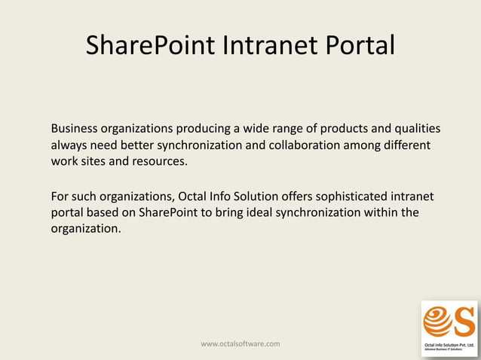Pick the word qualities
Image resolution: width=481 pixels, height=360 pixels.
coord(417,128)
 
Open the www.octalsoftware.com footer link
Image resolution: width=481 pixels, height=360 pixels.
coord(240,344)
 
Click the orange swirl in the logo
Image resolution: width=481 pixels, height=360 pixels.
coord(437,322)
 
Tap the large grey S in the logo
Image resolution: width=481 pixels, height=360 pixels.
coord(462,320)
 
